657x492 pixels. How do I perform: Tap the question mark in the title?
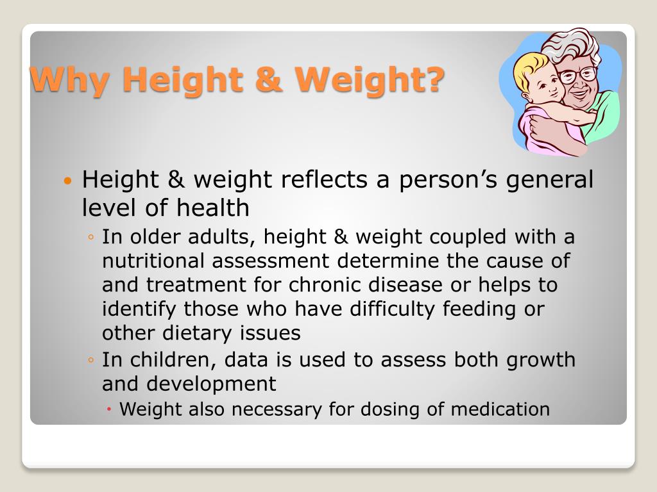(x=433, y=80)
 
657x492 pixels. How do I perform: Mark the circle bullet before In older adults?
(x=92, y=238)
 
